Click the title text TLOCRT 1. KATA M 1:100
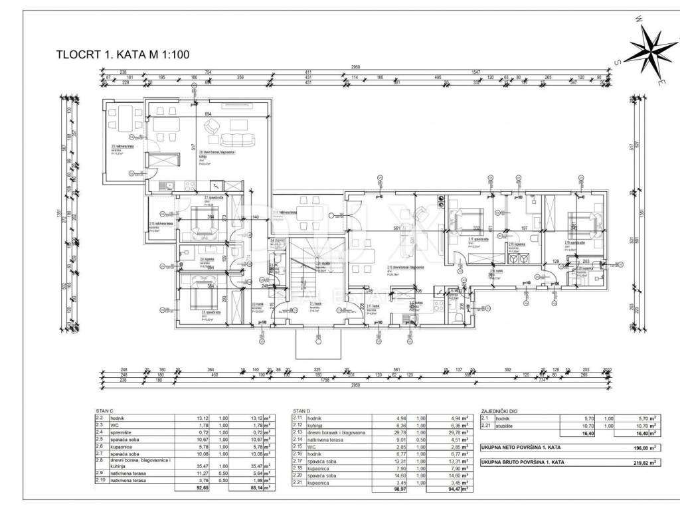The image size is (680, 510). [124, 56]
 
